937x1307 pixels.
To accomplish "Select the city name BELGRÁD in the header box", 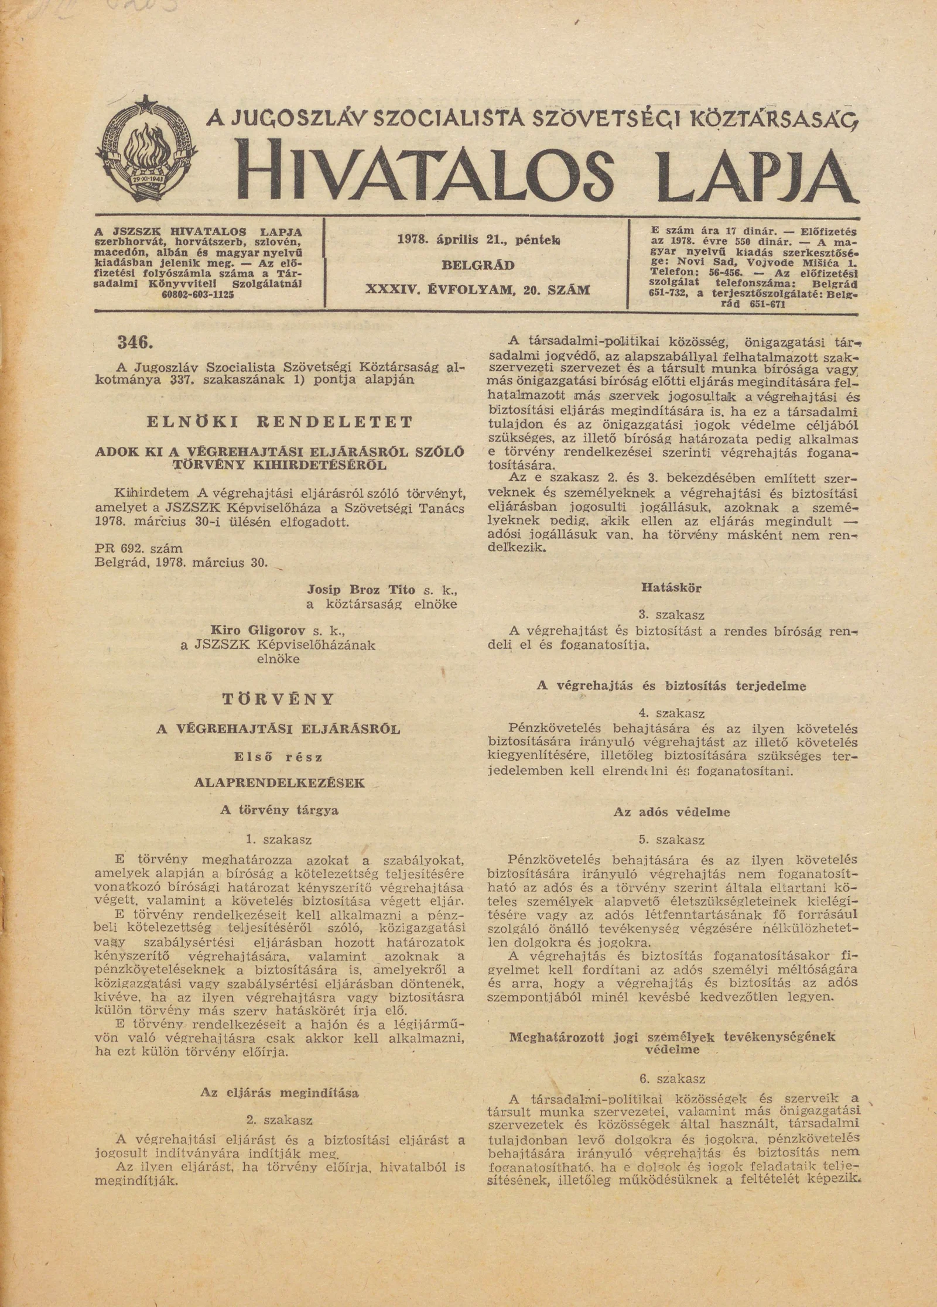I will click(x=478, y=265).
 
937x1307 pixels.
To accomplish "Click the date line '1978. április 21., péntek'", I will click(x=478, y=239).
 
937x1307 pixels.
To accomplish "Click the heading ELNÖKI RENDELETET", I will click(x=279, y=422).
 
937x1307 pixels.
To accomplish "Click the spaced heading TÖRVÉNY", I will click(x=279, y=699).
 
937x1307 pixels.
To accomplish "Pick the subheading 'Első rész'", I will click(x=279, y=757).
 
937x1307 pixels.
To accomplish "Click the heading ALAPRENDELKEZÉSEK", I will click(x=279, y=783).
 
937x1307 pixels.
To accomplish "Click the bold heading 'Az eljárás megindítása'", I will click(x=279, y=1092).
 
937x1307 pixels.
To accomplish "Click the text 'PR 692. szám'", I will click(x=138, y=549).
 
